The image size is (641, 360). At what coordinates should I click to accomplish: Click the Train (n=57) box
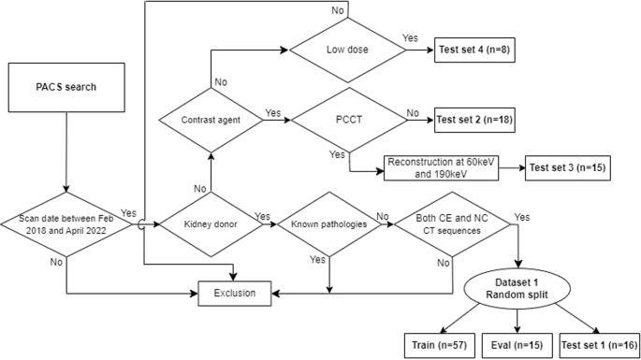click(x=434, y=343)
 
